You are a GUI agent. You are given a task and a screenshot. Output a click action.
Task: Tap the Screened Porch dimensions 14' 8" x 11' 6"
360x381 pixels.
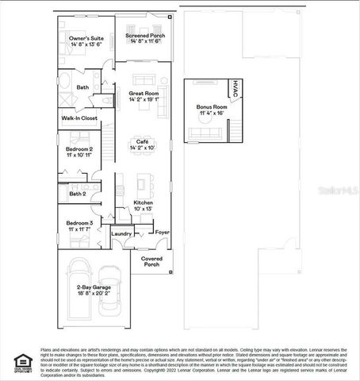point(144,40)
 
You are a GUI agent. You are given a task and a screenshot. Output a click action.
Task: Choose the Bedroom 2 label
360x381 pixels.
point(79,148)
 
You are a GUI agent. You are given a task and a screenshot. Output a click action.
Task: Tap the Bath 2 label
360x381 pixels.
point(77,193)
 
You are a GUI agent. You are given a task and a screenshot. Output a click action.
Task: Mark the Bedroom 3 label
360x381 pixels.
point(79,223)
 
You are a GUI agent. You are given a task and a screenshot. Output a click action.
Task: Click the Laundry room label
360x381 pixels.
point(121,233)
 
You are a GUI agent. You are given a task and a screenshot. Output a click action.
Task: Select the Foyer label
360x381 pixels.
point(162,233)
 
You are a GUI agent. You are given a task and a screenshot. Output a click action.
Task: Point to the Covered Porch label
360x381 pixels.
point(151,261)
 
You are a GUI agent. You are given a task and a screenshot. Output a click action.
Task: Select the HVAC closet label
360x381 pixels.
point(235,90)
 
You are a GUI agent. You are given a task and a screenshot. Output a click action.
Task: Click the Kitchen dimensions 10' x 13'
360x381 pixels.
point(143,210)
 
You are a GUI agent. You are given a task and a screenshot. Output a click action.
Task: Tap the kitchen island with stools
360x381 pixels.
point(143,184)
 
